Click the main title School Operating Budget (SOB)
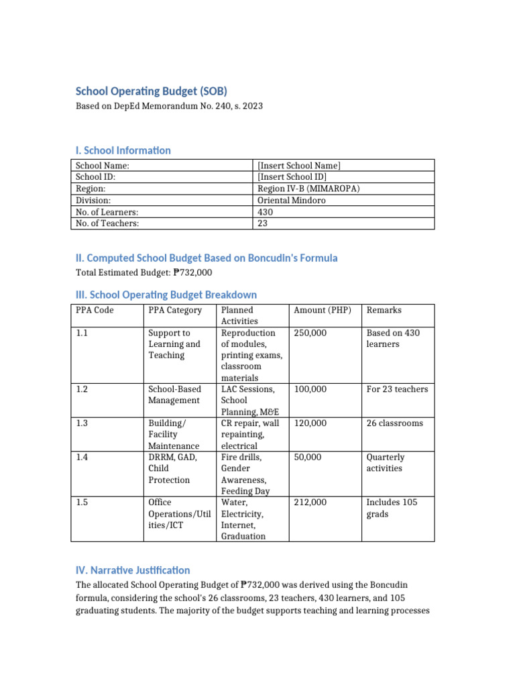[x=156, y=91]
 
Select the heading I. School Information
[x=123, y=150]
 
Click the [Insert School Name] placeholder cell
[x=299, y=166]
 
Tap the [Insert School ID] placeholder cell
[x=292, y=177]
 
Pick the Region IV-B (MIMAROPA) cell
[x=308, y=189]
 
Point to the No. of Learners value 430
[x=266, y=211]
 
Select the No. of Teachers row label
[x=107, y=223]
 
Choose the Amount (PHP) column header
[x=323, y=310]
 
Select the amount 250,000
[x=310, y=333]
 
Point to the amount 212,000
[x=310, y=503]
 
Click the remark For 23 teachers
[x=397, y=389]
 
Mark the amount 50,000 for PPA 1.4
[x=308, y=458]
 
